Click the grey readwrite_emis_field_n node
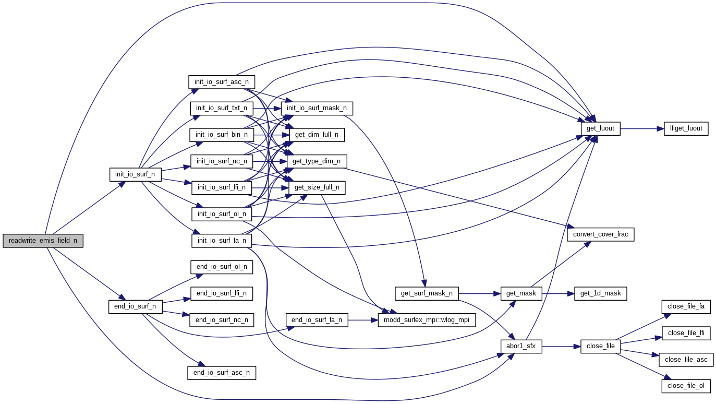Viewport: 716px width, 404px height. [x=43, y=241]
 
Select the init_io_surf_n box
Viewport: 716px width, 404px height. [x=135, y=174]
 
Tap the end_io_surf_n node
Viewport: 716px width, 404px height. [x=135, y=306]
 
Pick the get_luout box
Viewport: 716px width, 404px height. [x=600, y=128]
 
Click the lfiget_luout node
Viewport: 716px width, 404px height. [x=686, y=128]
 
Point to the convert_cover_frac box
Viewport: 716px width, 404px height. [x=600, y=234]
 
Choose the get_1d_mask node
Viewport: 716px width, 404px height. [x=600, y=293]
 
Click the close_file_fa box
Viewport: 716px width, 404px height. [x=686, y=306]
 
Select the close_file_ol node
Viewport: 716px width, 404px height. [x=686, y=386]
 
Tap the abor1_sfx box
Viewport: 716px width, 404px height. [x=521, y=346]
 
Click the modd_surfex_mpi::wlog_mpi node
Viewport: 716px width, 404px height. [x=427, y=320]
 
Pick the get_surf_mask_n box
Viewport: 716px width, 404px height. [x=427, y=293]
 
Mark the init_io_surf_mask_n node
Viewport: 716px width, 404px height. [x=317, y=108]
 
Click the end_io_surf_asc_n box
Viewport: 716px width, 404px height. [x=222, y=373]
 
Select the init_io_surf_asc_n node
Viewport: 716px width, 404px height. [x=221, y=82]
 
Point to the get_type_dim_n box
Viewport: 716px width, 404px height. [x=317, y=161]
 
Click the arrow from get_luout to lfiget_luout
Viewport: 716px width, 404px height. [x=641, y=128]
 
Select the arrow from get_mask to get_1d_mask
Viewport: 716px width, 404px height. [x=558, y=293]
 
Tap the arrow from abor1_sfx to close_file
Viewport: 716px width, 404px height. [x=561, y=346]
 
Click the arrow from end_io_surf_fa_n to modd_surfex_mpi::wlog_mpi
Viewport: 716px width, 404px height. [x=362, y=320]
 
